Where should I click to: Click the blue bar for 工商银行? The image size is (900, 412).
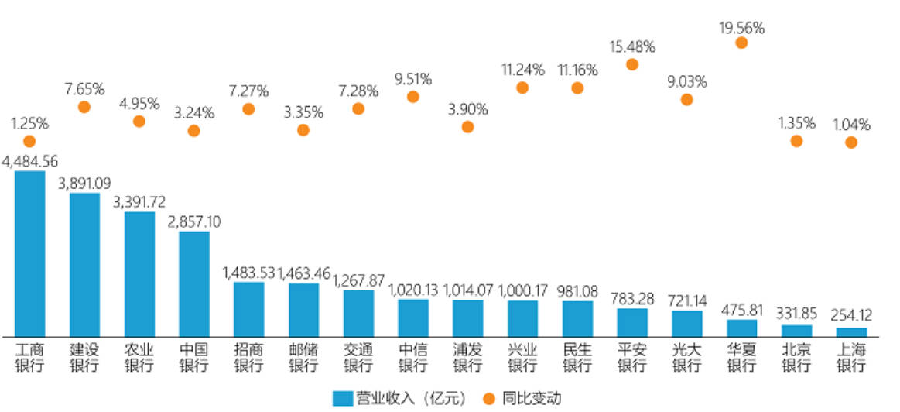click(29, 253)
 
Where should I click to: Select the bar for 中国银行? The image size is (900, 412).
click(194, 283)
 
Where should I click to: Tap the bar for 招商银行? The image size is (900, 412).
click(248, 309)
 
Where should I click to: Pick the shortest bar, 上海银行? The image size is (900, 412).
click(851, 331)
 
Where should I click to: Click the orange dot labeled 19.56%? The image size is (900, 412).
click(741, 43)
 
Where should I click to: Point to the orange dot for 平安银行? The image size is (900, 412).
click(631, 64)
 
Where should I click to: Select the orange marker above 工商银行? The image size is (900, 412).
click(29, 141)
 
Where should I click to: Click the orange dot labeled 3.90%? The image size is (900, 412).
click(467, 126)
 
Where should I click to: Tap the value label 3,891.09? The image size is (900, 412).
click(84, 184)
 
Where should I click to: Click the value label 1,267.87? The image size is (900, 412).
click(358, 280)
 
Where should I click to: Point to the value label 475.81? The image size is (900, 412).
click(741, 309)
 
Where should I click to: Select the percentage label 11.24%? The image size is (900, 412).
click(522, 70)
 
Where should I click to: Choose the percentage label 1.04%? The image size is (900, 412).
click(851, 124)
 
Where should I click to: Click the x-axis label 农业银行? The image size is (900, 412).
click(139, 358)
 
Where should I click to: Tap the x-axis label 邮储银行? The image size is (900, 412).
click(303, 358)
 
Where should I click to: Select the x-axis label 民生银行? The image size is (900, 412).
click(577, 358)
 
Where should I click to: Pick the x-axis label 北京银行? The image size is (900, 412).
click(796, 358)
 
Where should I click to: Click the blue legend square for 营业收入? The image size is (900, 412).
click(343, 398)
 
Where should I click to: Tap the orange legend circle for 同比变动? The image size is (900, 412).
click(489, 398)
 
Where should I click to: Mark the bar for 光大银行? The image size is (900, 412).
click(686, 323)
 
